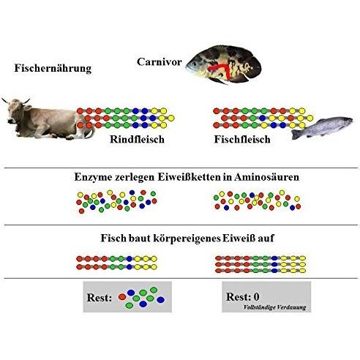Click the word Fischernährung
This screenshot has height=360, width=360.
click(x=53, y=69)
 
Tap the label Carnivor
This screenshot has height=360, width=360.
click(x=160, y=62)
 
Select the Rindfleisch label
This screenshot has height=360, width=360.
click(x=137, y=140)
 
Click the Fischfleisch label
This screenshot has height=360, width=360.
click(x=242, y=140)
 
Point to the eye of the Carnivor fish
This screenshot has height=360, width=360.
click(x=194, y=64)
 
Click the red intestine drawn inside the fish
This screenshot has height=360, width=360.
click(x=221, y=70)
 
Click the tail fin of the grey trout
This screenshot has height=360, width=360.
click(x=296, y=135)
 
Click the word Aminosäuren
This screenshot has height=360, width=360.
click(x=266, y=177)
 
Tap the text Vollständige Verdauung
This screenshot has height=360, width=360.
click(x=274, y=307)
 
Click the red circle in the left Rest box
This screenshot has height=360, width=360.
click(x=122, y=297)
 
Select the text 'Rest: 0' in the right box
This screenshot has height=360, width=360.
click(x=243, y=297)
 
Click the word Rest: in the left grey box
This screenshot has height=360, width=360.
click(x=100, y=298)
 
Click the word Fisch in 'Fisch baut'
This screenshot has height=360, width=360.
click(x=113, y=238)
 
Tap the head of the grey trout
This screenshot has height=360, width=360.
click(x=346, y=121)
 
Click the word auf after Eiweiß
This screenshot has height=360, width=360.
click(x=266, y=238)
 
